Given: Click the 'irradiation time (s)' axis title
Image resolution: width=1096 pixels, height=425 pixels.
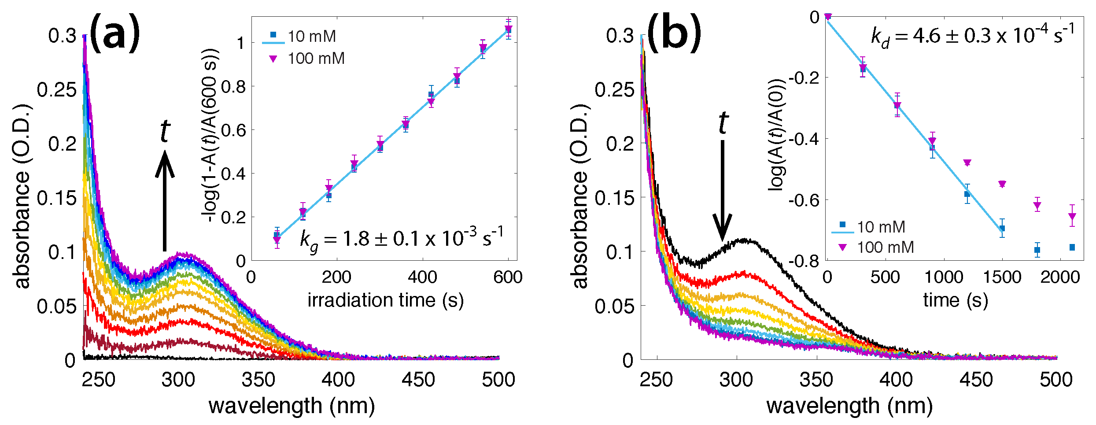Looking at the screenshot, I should [x=385, y=300].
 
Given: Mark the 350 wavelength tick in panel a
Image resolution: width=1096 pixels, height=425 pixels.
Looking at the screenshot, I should [x=258, y=379].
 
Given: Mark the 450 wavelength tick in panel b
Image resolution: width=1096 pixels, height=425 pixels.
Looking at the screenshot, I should [x=976, y=379].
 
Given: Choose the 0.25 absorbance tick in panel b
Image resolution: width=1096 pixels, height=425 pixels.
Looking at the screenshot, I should [x=614, y=90].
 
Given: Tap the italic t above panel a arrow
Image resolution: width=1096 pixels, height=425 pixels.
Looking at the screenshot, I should [x=165, y=131].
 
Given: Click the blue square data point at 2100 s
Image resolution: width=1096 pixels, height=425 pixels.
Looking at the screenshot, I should [x=1072, y=248].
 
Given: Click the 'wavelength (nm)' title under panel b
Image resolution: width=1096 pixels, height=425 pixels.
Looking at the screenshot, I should [x=849, y=406].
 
